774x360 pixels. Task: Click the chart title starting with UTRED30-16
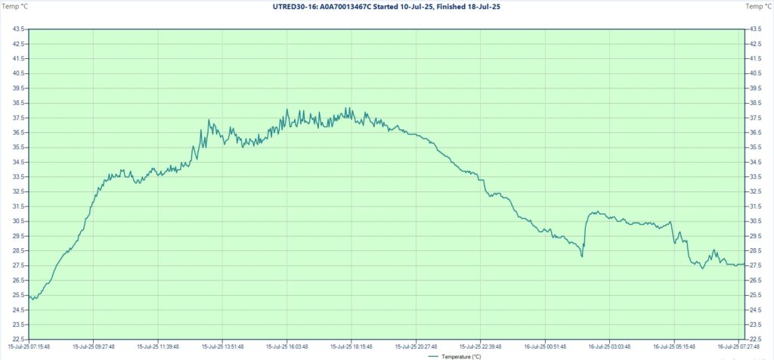(x=386, y=6)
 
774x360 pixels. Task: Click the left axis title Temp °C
(x=14, y=6)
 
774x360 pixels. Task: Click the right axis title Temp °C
(x=758, y=6)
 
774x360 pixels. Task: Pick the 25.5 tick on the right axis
(x=755, y=295)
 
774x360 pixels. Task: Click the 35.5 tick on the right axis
(x=755, y=147)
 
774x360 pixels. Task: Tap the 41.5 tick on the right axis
(x=755, y=58)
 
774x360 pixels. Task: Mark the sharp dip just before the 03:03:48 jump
(x=582, y=256)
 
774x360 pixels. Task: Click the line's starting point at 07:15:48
(x=29, y=296)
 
